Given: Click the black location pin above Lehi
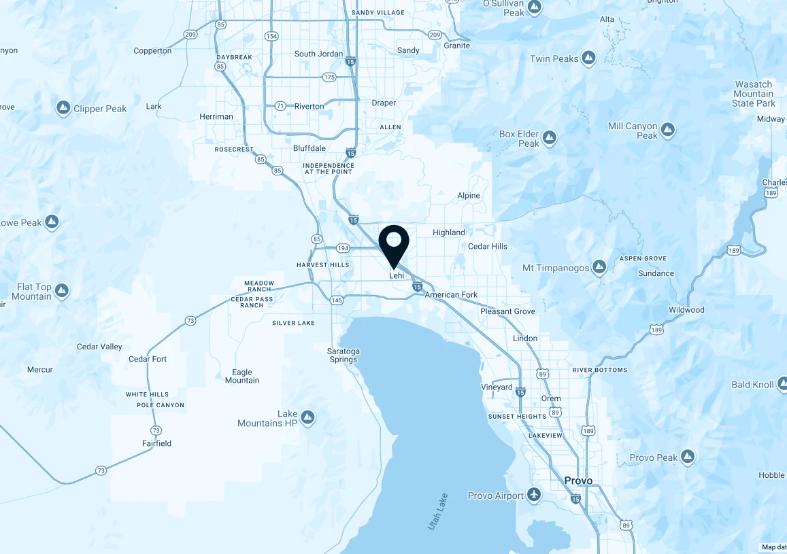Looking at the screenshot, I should pyautogui.click(x=393, y=243).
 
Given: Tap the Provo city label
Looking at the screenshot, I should pyautogui.click(x=578, y=481).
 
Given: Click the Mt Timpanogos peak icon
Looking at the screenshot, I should pyautogui.click(x=599, y=267).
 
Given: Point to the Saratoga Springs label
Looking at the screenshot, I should pyautogui.click(x=344, y=355).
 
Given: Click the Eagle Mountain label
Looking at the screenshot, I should pyautogui.click(x=242, y=376).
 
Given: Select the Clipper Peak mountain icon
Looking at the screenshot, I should pyautogui.click(x=63, y=108).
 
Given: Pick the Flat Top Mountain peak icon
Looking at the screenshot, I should pyautogui.click(x=62, y=292).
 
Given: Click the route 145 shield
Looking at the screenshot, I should pyautogui.click(x=337, y=300).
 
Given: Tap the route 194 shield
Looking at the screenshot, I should pyautogui.click(x=342, y=249).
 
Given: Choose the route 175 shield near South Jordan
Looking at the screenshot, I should pyautogui.click(x=330, y=77).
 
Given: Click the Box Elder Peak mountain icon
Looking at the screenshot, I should pyautogui.click(x=550, y=139).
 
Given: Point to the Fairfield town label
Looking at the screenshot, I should pyautogui.click(x=156, y=443).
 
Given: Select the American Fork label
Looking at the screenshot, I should pyautogui.click(x=451, y=295).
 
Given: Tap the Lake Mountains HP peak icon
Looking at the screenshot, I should pyautogui.click(x=307, y=416).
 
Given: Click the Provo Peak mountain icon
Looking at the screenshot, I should pyautogui.click(x=688, y=456).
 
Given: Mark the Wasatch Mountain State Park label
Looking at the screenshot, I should pyautogui.click(x=754, y=94).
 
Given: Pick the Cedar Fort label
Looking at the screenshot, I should pyautogui.click(x=148, y=359).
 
